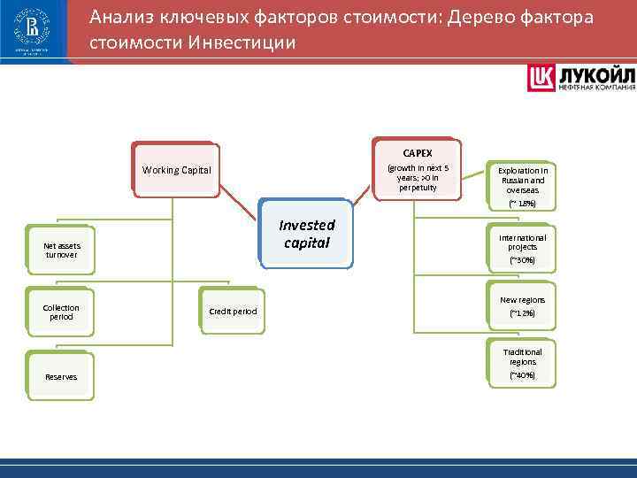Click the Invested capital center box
pos(307,234)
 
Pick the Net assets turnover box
pos(60,250)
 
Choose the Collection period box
pos(60,312)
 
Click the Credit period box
pos(233,312)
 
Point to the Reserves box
pos(60,377)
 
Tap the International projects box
pos(522,249)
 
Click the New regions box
pos(522,306)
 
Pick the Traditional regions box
pos(522,363)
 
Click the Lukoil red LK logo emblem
pos(541,78)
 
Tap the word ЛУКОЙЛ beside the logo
pos(595,73)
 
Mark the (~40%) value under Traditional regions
pos(522,376)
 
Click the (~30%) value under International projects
pos(522,261)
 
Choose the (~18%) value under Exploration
pos(522,204)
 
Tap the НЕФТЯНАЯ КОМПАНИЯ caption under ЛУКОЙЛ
pos(595,87)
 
